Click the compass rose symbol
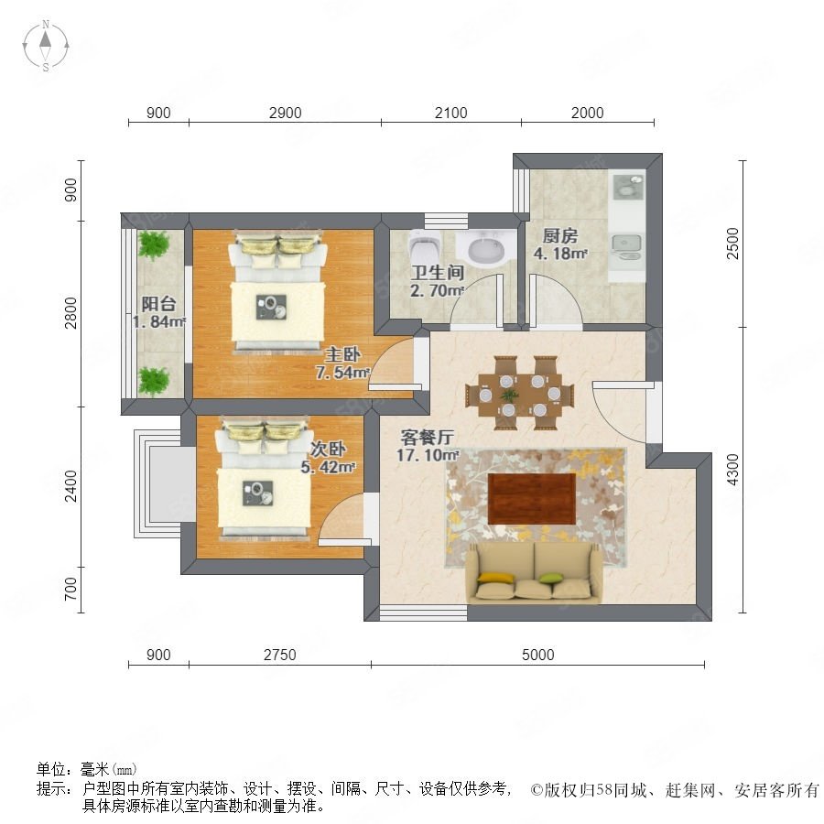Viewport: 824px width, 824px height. pos(46,46)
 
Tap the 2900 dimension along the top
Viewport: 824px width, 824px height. pos(286,113)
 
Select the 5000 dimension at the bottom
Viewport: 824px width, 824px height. pos(538,655)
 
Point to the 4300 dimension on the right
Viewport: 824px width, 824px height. pos(732,470)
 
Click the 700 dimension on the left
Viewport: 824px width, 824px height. pos(70,589)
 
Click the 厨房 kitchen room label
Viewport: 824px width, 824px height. pos(560,235)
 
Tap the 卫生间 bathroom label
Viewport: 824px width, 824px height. pos(438,272)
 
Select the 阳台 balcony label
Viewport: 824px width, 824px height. pos(158,304)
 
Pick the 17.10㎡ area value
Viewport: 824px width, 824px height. pos(428,455)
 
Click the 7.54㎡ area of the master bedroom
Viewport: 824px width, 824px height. pos(342,372)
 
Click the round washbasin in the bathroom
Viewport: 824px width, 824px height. pos(486,250)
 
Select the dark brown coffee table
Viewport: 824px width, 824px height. pos(532,499)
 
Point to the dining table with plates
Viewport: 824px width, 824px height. pos(519,393)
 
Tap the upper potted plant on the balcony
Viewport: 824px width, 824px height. pos(154,244)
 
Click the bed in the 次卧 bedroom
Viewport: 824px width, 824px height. pos(263,478)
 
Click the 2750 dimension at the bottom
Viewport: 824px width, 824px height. pos(280,655)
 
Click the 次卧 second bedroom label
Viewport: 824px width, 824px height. pos(328,449)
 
